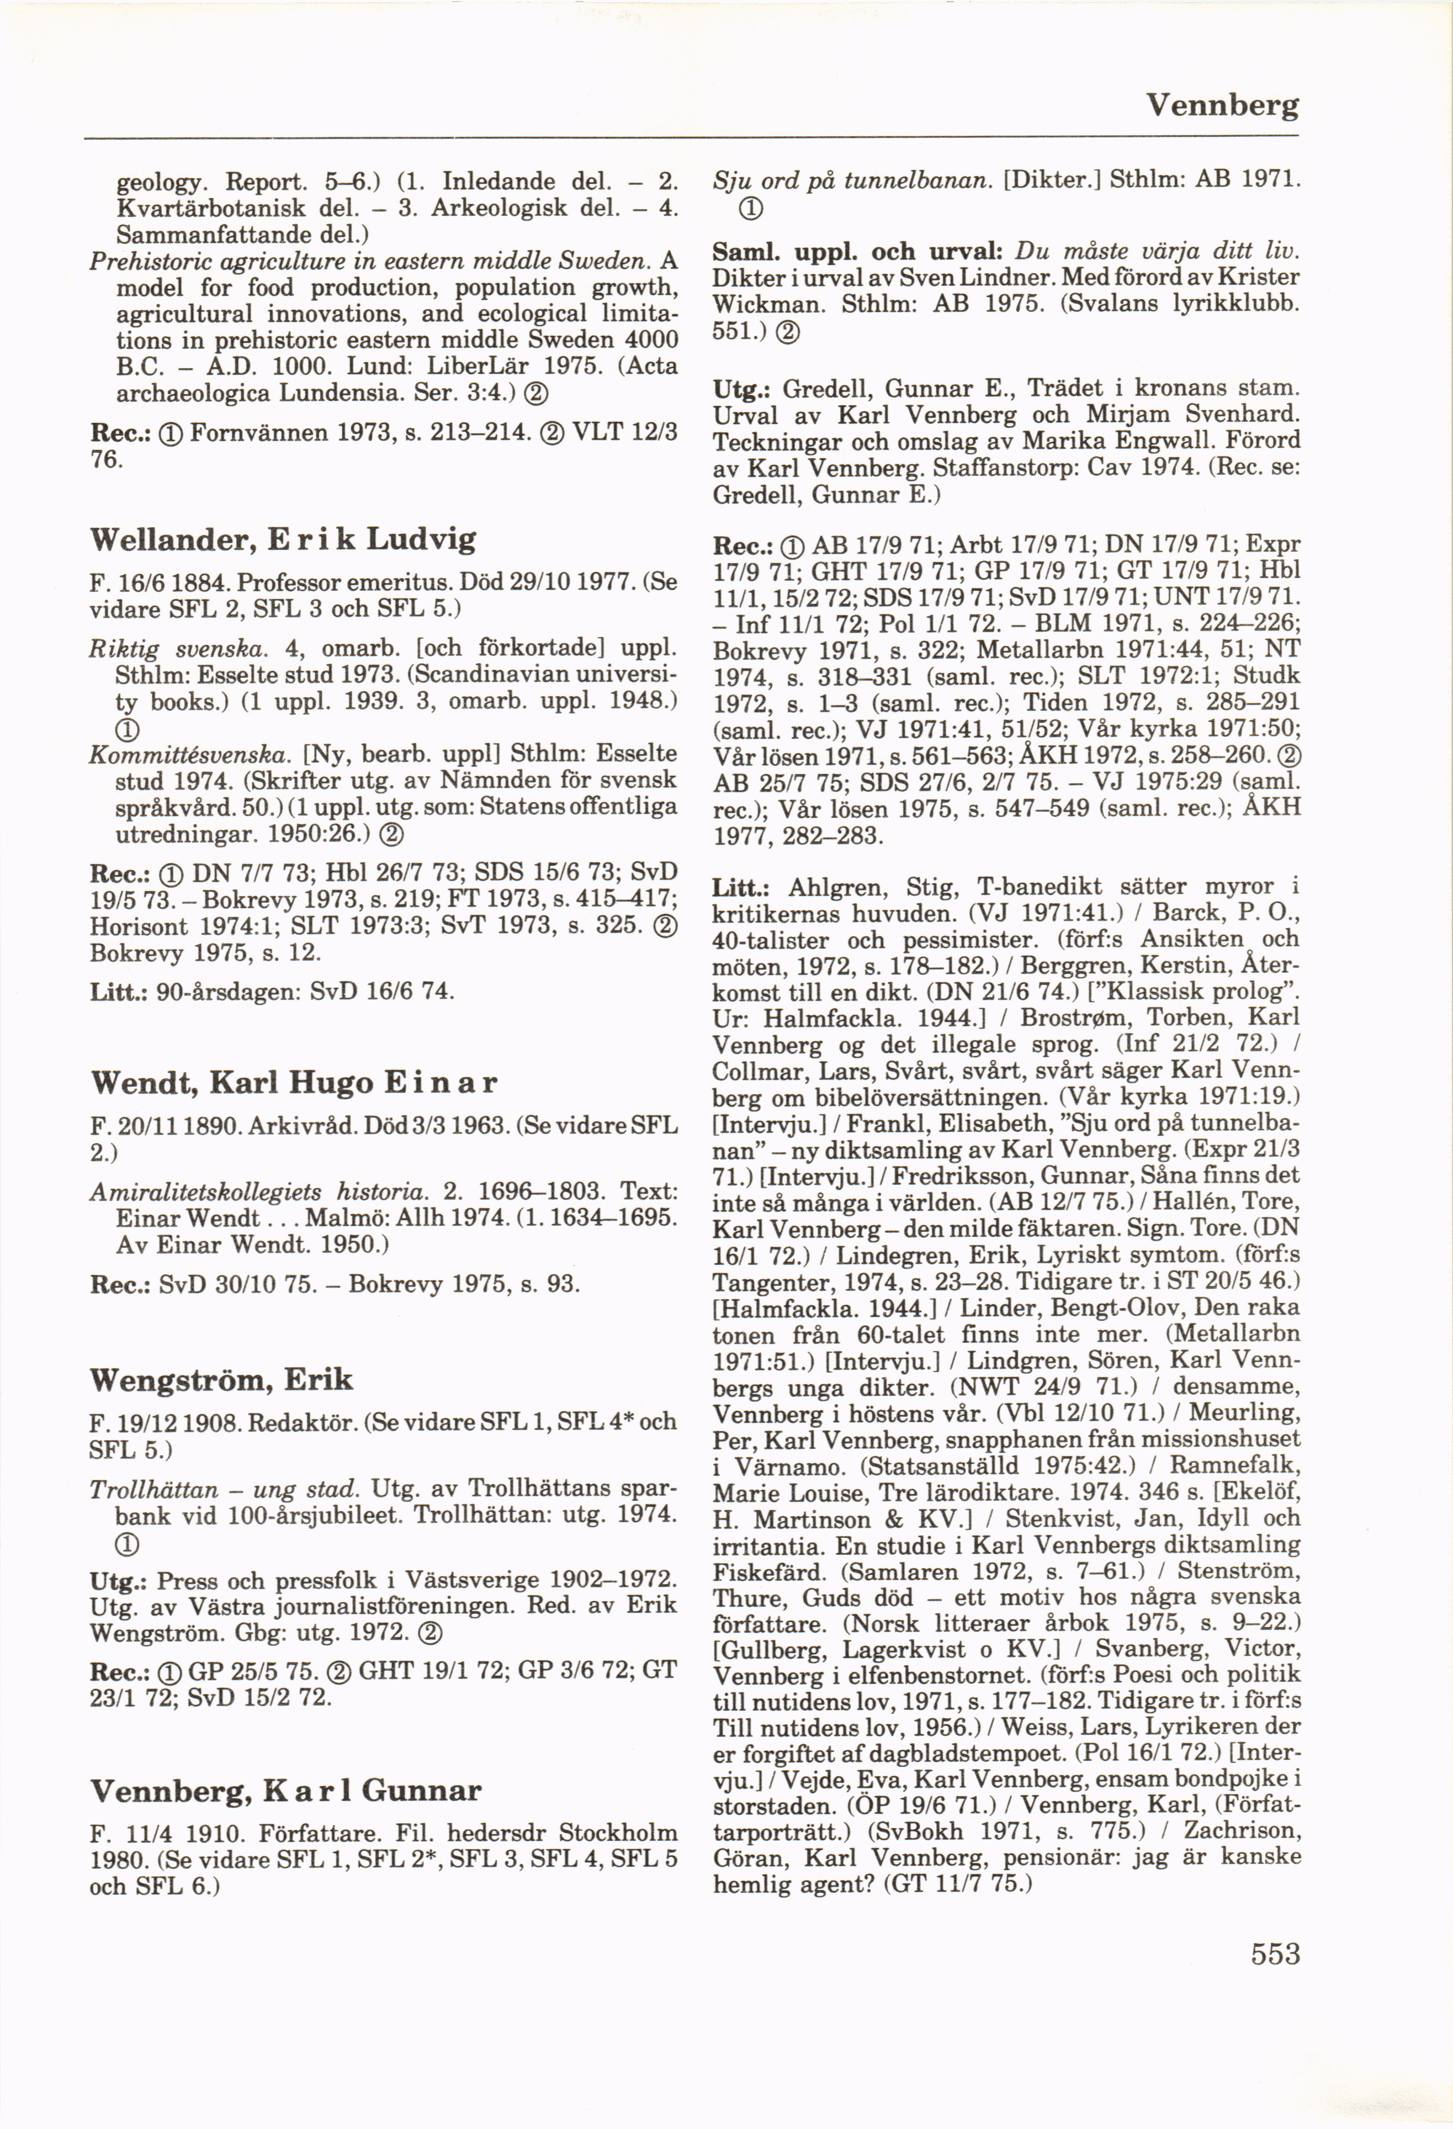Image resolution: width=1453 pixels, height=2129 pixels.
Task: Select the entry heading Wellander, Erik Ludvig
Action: click(283, 539)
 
